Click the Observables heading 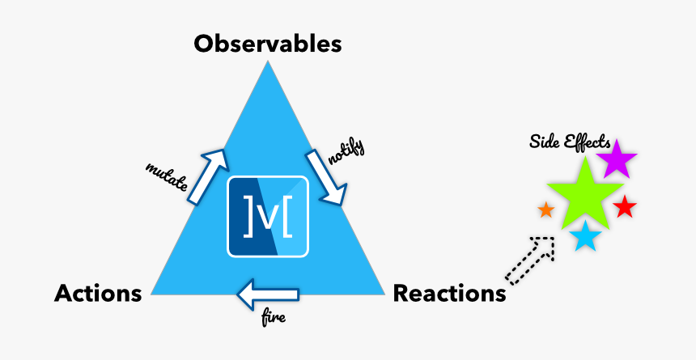click(267, 43)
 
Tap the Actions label click(98, 294)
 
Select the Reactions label click(449, 294)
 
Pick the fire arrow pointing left click(268, 296)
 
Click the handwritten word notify click(347, 151)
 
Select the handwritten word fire click(274, 320)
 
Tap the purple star click(617, 159)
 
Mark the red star click(624, 208)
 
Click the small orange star click(546, 210)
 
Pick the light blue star click(585, 237)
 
